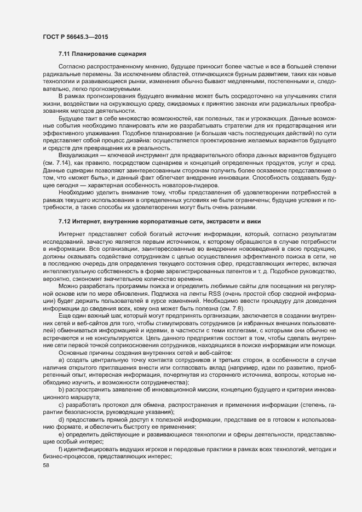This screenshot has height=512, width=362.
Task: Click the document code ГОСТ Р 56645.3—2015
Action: [x=75, y=36]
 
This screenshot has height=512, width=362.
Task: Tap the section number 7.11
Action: [x=65, y=54]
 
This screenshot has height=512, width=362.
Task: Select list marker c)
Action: [x=61, y=404]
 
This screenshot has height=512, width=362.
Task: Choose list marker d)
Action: [x=61, y=419]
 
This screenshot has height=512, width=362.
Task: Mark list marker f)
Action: [x=60, y=450]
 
